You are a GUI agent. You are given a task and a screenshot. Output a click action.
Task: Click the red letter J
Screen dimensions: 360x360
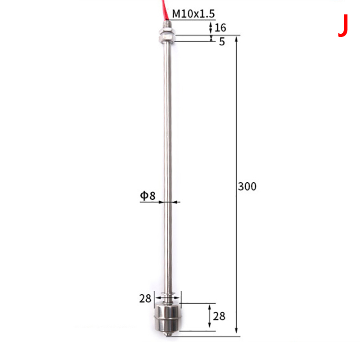[343, 25]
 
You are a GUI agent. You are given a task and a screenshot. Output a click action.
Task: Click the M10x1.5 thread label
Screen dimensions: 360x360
[193, 14]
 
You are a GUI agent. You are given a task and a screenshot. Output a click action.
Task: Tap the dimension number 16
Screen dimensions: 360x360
[220, 28]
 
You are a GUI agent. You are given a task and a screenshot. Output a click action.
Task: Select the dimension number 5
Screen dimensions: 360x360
[222, 41]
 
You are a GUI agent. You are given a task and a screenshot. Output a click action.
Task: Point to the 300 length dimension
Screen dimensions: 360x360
[247, 186]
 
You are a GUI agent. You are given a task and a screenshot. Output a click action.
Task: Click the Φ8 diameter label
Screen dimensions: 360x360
[148, 196]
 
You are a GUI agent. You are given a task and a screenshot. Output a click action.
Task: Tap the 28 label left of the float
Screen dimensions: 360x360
[145, 298]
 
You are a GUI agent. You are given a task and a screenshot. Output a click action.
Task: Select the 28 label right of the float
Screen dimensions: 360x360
[219, 316]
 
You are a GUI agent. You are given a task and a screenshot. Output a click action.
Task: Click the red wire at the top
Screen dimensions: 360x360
[165, 9]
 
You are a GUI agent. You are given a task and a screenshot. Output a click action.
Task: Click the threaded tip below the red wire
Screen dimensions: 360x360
[167, 25]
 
